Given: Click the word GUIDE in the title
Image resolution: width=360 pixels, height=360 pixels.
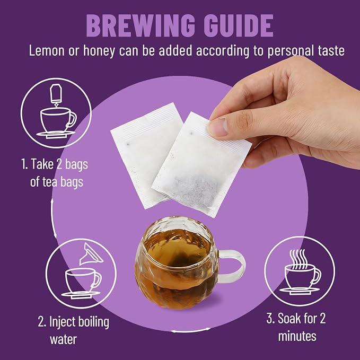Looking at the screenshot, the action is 239,25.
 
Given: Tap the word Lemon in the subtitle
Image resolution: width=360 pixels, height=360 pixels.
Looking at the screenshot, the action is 47,50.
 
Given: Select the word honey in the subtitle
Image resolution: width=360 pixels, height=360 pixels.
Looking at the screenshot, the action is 99,51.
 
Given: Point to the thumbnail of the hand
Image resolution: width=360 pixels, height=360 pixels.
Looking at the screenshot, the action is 218,127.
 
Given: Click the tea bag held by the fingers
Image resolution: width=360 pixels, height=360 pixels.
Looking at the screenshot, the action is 201,164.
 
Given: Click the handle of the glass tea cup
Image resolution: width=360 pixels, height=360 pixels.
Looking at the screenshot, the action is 231,266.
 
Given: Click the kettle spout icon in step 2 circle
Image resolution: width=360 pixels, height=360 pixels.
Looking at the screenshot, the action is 91,254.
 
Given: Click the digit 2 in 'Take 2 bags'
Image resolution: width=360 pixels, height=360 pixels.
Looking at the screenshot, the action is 59,164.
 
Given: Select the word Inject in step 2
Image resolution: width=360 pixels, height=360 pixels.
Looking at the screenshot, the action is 63,322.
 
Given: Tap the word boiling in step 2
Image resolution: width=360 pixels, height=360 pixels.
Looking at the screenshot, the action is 94,322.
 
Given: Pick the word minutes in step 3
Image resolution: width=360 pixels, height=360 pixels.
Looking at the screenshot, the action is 297,336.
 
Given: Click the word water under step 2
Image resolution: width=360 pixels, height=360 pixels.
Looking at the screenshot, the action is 64,340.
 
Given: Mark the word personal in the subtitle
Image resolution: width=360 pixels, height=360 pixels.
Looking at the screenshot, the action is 292,51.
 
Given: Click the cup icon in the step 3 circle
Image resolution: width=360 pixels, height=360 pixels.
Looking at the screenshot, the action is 300,279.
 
